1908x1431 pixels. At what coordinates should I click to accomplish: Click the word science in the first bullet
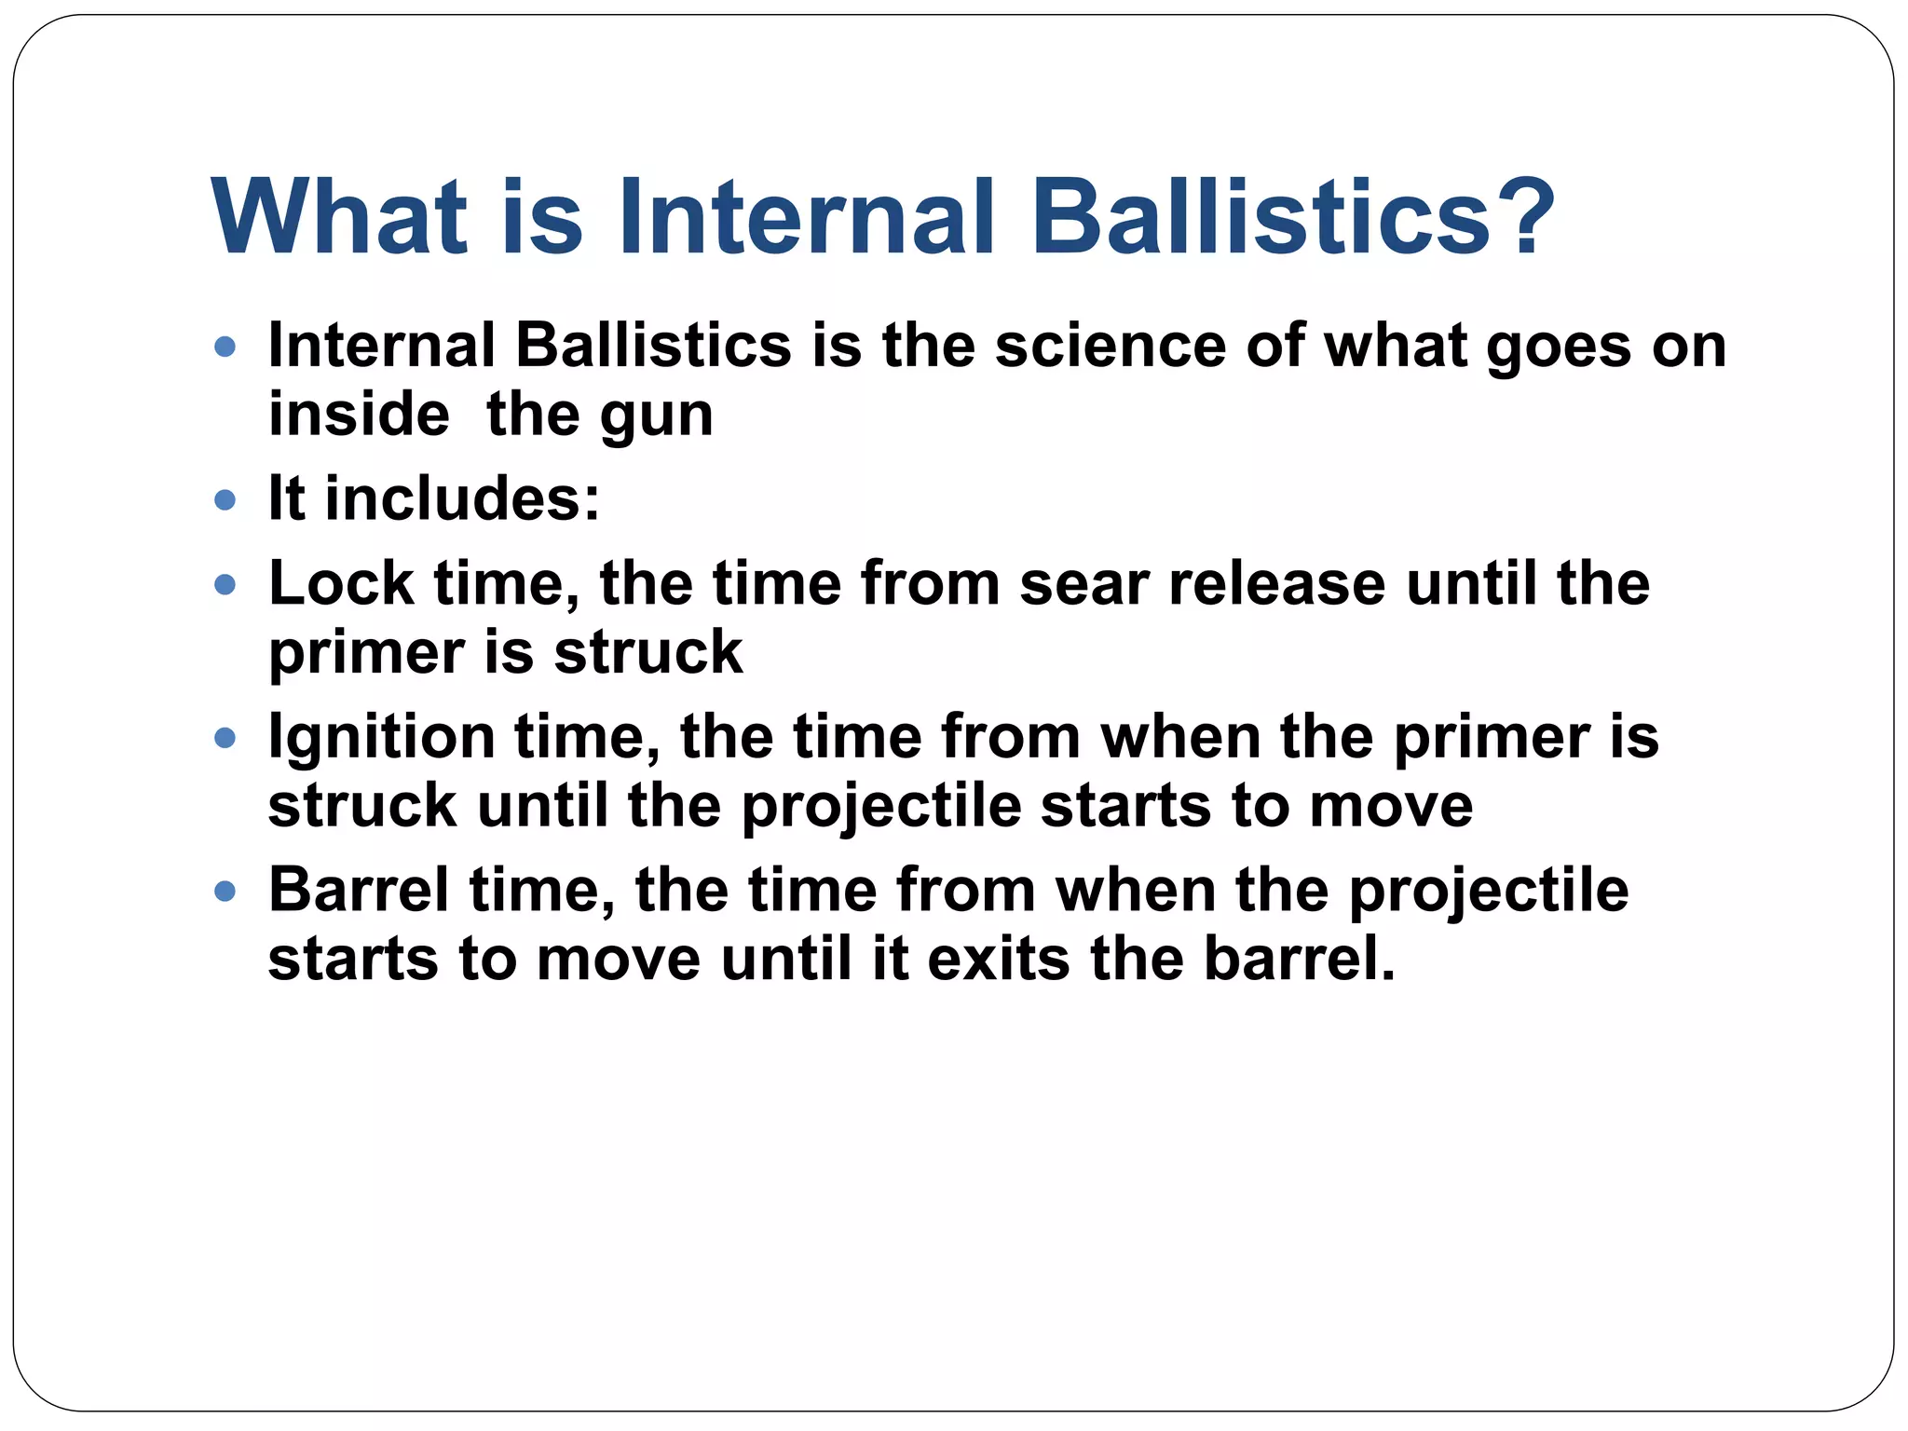pyautogui.click(x=1111, y=346)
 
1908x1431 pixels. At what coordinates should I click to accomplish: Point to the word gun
pyautogui.click(x=657, y=416)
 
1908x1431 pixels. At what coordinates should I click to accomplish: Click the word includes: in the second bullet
pyautogui.click(x=462, y=498)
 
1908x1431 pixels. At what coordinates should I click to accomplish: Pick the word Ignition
pyautogui.click(x=382, y=739)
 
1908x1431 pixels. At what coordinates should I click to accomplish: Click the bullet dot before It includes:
pyautogui.click(x=225, y=501)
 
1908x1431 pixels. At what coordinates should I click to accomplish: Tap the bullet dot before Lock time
pyautogui.click(x=225, y=585)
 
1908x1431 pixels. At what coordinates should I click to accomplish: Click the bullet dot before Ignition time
pyautogui.click(x=225, y=739)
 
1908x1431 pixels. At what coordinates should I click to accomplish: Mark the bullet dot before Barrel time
pyautogui.click(x=225, y=892)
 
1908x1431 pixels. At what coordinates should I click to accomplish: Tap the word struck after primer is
pyautogui.click(x=648, y=652)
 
